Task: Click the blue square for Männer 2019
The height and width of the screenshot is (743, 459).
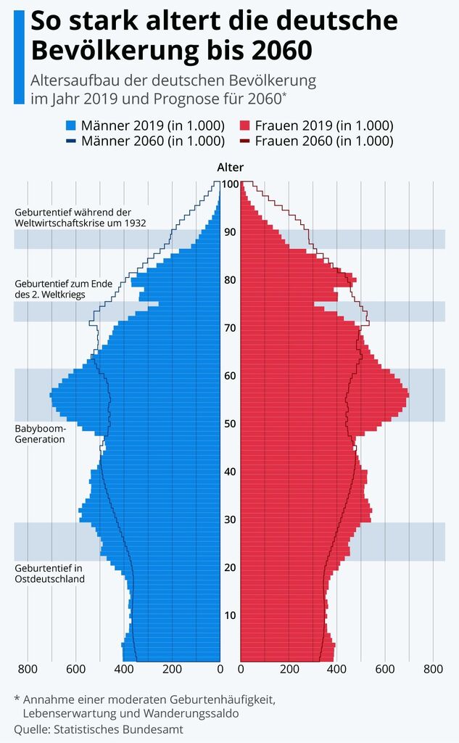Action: tap(70, 125)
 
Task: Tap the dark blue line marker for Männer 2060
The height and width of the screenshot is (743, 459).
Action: tap(70, 141)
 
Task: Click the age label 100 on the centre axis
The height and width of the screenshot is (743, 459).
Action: tap(230, 184)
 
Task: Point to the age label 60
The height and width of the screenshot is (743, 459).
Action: tap(230, 376)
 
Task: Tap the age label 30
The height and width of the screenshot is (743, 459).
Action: tap(230, 520)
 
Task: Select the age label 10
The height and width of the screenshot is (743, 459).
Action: tap(230, 615)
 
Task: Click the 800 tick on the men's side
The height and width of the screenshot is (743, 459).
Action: tap(28, 669)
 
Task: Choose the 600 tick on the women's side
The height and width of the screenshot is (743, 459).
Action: tap(385, 669)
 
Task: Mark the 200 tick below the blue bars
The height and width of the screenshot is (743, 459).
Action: tap(172, 669)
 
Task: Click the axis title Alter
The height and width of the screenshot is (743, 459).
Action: tap(230, 167)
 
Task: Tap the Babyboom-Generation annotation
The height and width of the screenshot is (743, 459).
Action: tap(40, 434)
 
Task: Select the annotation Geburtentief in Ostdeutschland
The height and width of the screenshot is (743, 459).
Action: tap(50, 573)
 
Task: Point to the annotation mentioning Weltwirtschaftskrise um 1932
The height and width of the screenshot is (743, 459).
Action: tap(80, 218)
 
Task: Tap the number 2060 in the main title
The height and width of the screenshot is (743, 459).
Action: tap(282, 51)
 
